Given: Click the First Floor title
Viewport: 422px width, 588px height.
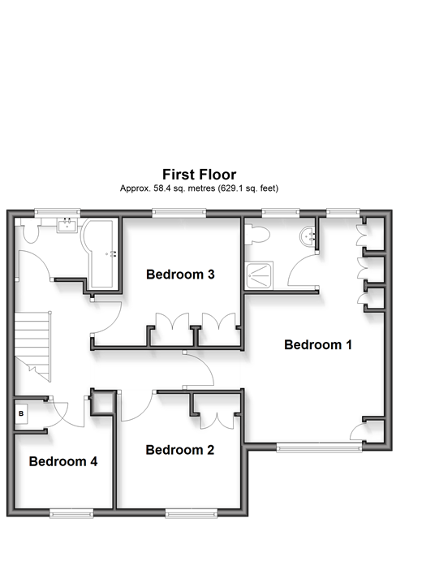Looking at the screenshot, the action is point(199,175).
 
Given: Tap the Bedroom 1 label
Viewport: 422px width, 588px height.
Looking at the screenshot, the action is point(318,344).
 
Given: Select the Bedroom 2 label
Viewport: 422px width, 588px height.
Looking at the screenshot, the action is point(180,450).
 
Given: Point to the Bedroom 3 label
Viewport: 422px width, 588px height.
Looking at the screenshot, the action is point(180,275).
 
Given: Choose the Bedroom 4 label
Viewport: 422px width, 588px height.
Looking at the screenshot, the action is point(63,461).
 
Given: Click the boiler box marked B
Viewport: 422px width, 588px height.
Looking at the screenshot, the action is point(21,413).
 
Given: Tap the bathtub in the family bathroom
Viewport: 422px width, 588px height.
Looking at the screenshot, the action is point(99,254).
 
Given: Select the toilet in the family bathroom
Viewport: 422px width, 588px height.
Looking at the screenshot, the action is point(30,231).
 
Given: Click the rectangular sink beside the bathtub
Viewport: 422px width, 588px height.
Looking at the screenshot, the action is point(67,226).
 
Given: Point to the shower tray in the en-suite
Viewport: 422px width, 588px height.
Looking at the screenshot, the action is point(259,275).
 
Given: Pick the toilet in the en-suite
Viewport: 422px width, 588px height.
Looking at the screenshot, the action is point(256,236).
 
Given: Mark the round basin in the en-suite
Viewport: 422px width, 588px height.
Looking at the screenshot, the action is point(308,236).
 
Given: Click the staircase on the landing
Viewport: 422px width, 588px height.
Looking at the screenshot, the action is point(32,347).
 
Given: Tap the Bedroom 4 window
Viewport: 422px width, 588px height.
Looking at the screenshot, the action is point(71,513).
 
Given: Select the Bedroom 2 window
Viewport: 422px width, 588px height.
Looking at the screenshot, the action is point(192,513).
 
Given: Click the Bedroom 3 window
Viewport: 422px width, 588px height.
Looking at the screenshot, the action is point(179,213).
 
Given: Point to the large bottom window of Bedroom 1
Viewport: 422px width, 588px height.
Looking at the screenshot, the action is point(319,447).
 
